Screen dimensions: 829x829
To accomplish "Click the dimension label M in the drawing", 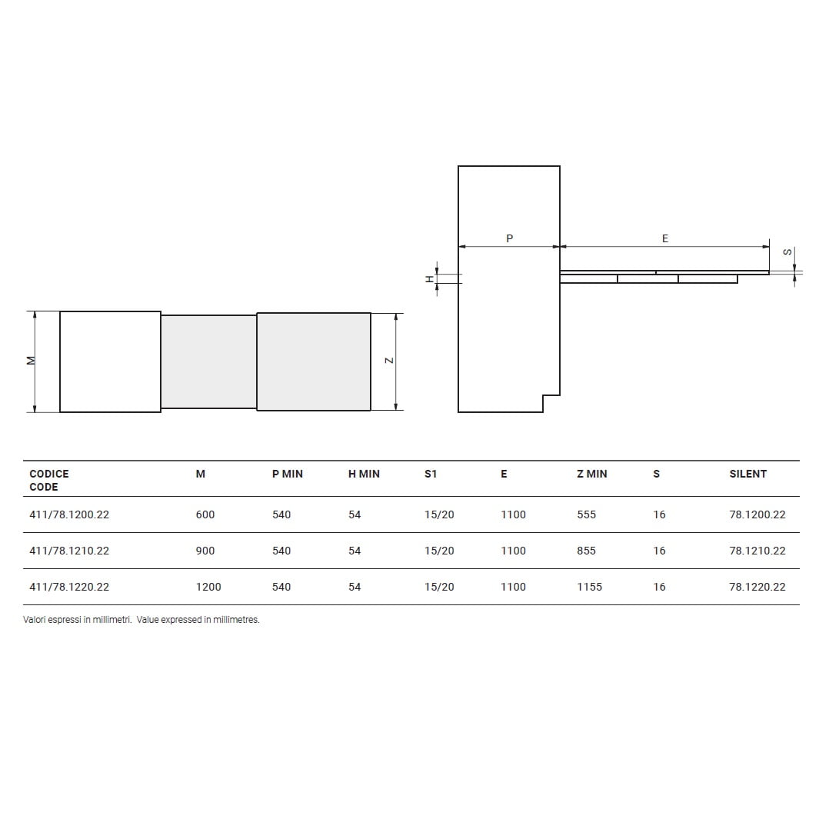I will click(x=31, y=360).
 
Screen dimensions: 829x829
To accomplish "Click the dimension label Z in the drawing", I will click(x=389, y=360).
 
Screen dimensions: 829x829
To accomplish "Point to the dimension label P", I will click(x=509, y=239).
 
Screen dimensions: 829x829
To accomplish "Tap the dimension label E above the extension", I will click(x=665, y=239).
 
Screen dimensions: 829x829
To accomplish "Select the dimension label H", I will click(x=430, y=279).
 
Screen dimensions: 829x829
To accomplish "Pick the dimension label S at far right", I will click(x=786, y=251).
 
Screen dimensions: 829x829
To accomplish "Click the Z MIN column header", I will click(x=591, y=474).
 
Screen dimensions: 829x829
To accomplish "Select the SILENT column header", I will click(x=747, y=474).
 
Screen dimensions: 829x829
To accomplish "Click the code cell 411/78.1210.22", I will click(x=69, y=551).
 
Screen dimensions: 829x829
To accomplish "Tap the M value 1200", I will click(x=208, y=587).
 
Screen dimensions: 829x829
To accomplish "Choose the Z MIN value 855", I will click(x=586, y=551).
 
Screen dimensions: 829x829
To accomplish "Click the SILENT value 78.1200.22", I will click(x=757, y=514).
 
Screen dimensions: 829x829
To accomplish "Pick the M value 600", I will click(x=205, y=514).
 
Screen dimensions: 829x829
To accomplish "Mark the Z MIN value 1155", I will click(x=589, y=587).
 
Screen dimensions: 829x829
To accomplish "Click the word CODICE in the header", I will click(x=49, y=474).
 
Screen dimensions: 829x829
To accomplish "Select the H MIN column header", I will click(x=364, y=474).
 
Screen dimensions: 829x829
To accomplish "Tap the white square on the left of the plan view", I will click(x=110, y=361).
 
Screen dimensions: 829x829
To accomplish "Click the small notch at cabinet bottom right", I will click(x=551, y=403).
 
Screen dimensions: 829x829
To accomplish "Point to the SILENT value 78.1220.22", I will click(x=757, y=587).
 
